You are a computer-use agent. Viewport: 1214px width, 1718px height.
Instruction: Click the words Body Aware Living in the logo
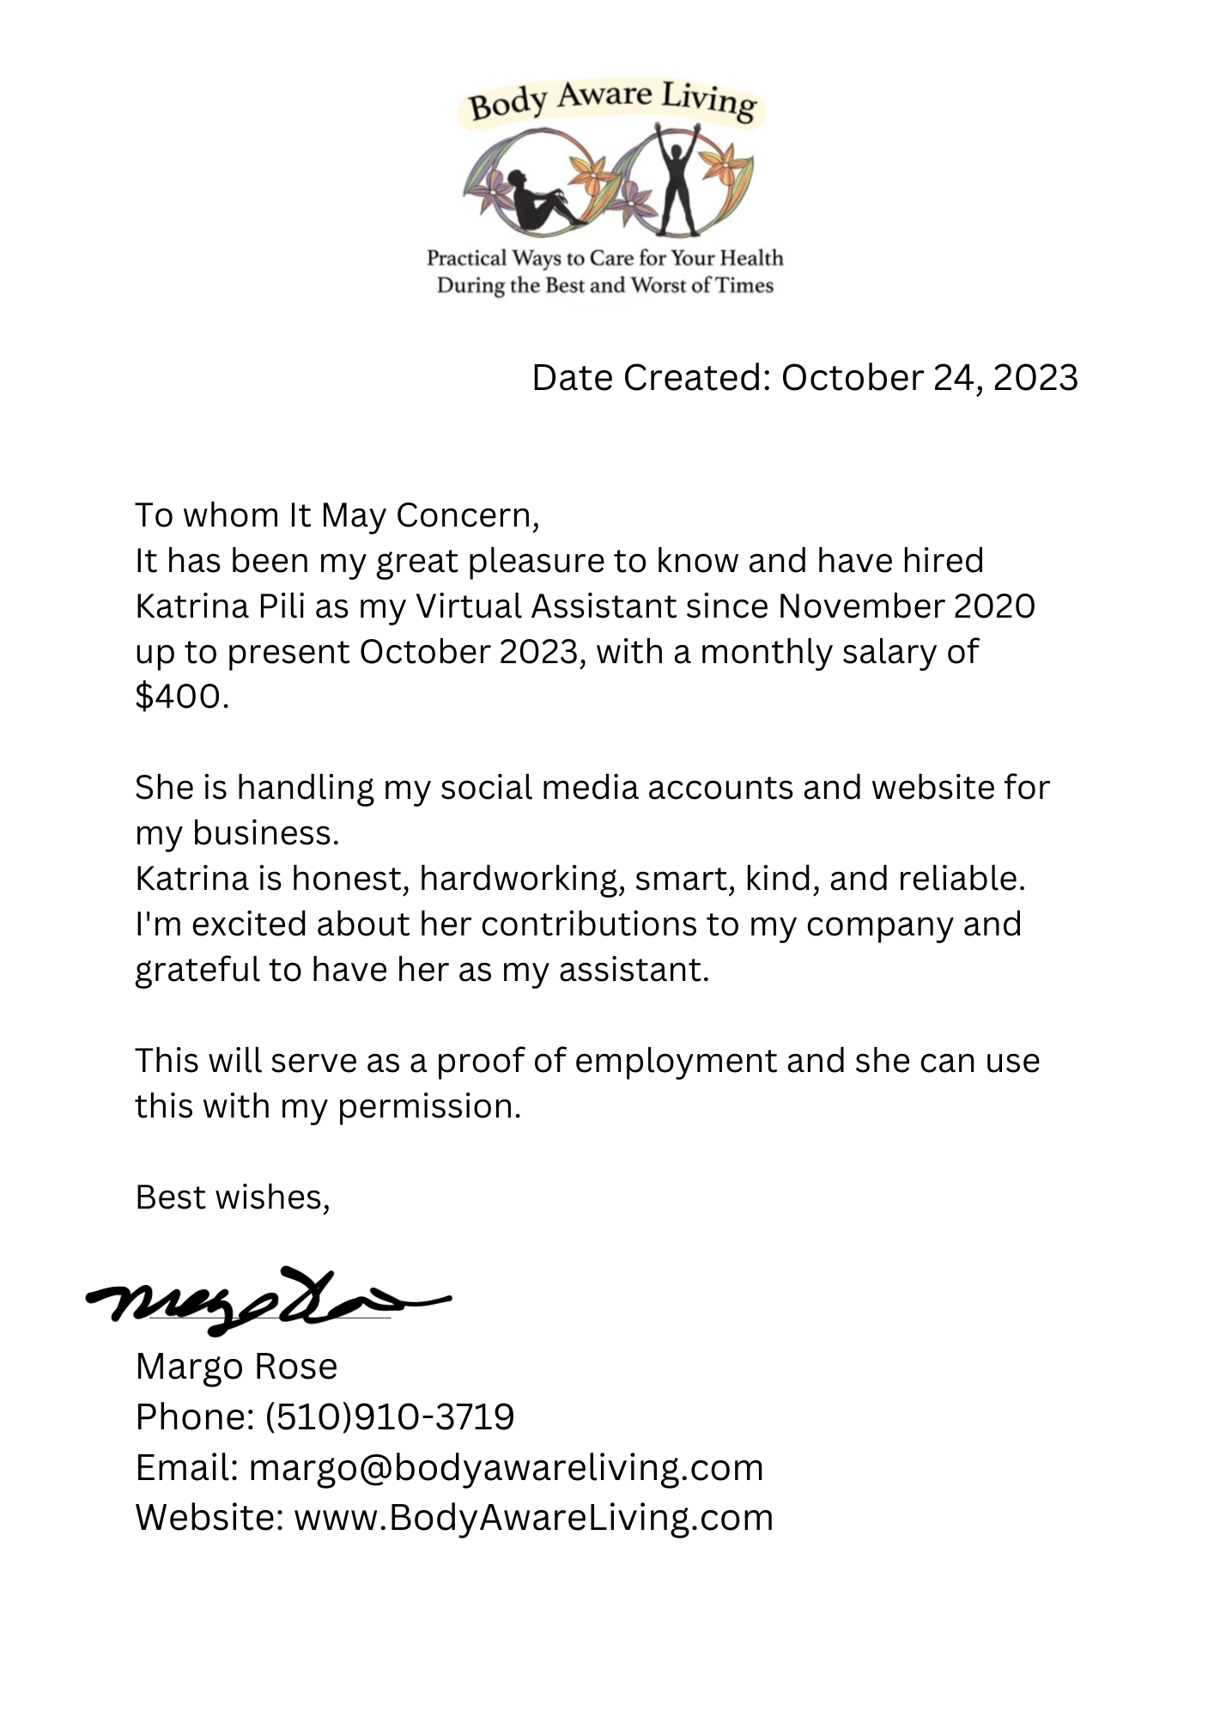point(611,102)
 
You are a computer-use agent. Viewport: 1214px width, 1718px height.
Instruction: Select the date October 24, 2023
point(929,378)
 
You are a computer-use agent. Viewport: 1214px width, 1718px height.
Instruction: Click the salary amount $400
point(181,696)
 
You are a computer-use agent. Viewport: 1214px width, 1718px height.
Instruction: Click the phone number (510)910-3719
point(390,1416)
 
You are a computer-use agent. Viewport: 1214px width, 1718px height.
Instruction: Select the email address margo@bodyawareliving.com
point(506,1467)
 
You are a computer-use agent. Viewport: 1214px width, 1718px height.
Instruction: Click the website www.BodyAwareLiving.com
point(533,1518)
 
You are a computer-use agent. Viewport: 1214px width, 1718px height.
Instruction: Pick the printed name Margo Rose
point(236,1367)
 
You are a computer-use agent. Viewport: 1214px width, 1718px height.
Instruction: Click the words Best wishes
point(232,1197)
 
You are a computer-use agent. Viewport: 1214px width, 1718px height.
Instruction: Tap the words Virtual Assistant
point(546,606)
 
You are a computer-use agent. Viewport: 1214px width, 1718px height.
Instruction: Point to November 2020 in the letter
point(907,606)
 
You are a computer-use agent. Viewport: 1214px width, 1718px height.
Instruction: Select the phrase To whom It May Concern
point(337,515)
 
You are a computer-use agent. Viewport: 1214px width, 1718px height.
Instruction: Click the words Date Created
point(651,378)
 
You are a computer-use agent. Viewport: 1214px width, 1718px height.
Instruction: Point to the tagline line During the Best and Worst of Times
point(605,285)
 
